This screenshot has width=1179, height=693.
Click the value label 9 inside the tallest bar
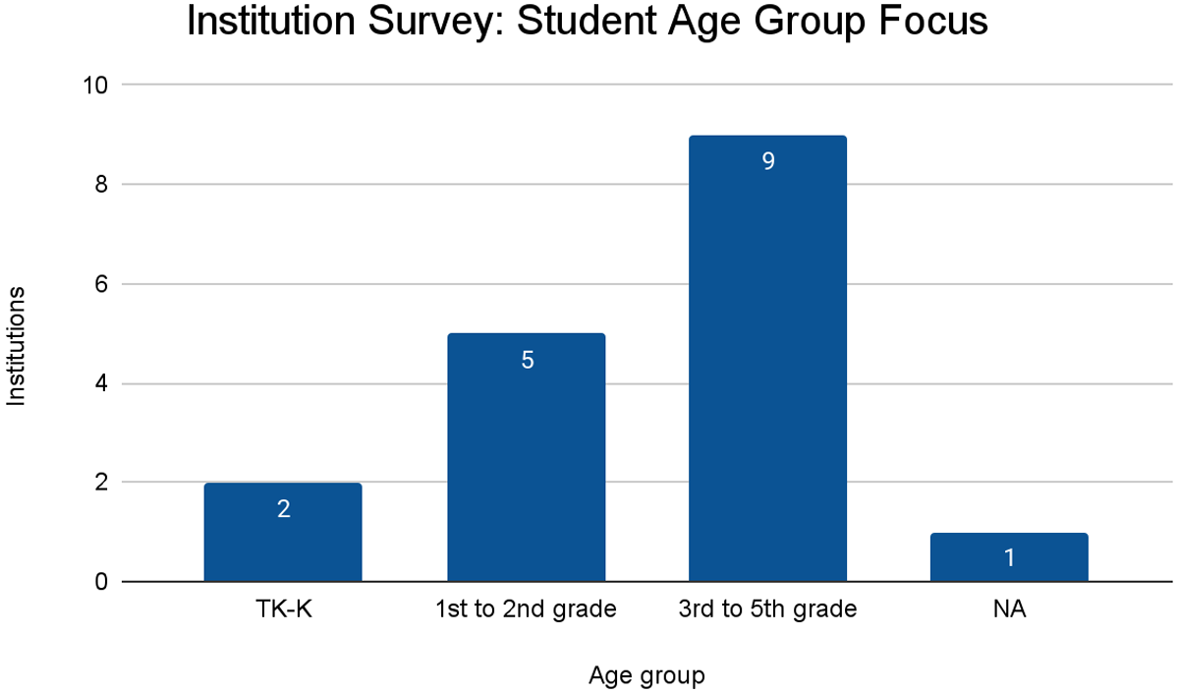pyautogui.click(x=768, y=161)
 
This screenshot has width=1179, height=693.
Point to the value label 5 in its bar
pyautogui.click(x=527, y=360)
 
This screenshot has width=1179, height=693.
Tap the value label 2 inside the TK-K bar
pyautogui.click(x=284, y=509)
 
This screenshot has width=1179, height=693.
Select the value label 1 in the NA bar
pyautogui.click(x=1009, y=558)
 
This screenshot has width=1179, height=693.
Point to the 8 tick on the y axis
pyautogui.click(x=101, y=185)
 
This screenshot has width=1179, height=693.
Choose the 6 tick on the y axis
pyautogui.click(x=101, y=284)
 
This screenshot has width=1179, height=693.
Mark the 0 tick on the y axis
pyautogui.click(x=101, y=582)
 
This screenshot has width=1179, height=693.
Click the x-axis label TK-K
pyautogui.click(x=283, y=609)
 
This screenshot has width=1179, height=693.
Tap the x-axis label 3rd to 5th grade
pyautogui.click(x=767, y=609)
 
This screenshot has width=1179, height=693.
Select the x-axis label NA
pyautogui.click(x=1009, y=609)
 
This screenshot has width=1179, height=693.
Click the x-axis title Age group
pyautogui.click(x=646, y=676)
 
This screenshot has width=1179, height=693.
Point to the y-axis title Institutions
pyautogui.click(x=17, y=346)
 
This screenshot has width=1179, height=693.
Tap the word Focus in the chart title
pyautogui.click(x=929, y=23)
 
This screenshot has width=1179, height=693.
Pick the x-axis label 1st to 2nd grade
pyautogui.click(x=526, y=609)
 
